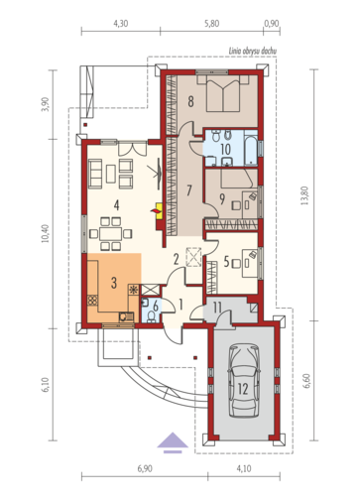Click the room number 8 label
click(x=190, y=101)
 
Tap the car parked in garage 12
click(x=244, y=381)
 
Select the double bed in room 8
click(x=223, y=93)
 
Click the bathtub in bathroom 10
click(x=251, y=148)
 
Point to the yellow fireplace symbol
click(x=159, y=210)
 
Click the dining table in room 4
click(x=111, y=233)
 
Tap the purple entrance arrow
click(x=173, y=442)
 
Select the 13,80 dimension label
click(x=304, y=195)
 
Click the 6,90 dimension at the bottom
click(x=145, y=468)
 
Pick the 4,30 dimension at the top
click(x=121, y=24)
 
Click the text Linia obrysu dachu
click(x=253, y=51)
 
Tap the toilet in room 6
click(x=152, y=316)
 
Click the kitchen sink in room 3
click(x=126, y=316)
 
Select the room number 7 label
click(x=189, y=190)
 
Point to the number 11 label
click(x=217, y=308)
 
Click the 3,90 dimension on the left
click(x=46, y=104)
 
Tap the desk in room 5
click(x=250, y=263)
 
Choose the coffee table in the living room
click(x=111, y=174)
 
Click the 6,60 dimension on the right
click(x=306, y=381)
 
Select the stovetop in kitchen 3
click(x=93, y=301)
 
